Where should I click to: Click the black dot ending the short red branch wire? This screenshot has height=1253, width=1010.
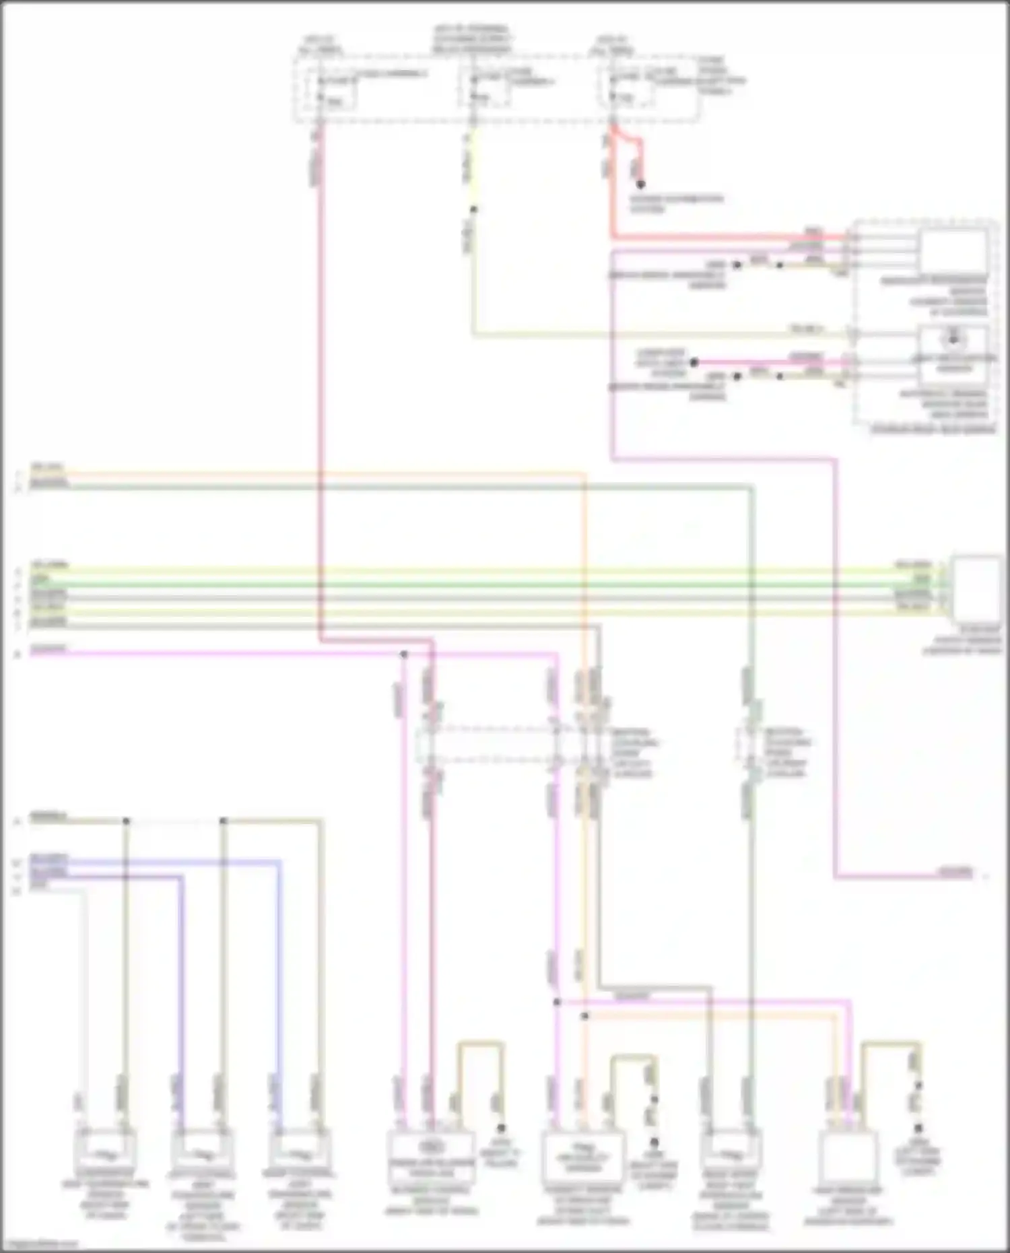[641, 184]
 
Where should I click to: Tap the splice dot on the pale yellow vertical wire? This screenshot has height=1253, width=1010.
[473, 209]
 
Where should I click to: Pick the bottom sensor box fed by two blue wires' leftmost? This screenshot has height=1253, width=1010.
[202, 1153]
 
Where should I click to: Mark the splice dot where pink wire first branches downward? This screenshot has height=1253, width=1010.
[404, 654]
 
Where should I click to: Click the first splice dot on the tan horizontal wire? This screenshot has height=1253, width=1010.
[126, 821]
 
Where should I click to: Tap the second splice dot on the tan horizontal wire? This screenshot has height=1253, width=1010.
[224, 821]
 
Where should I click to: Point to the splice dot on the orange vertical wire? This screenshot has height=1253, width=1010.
[584, 1016]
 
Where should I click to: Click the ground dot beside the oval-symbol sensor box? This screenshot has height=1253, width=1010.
[501, 1127]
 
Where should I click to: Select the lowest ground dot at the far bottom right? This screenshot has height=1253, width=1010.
[918, 1128]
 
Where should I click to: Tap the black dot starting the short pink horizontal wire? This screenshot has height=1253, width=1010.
[694, 362]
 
